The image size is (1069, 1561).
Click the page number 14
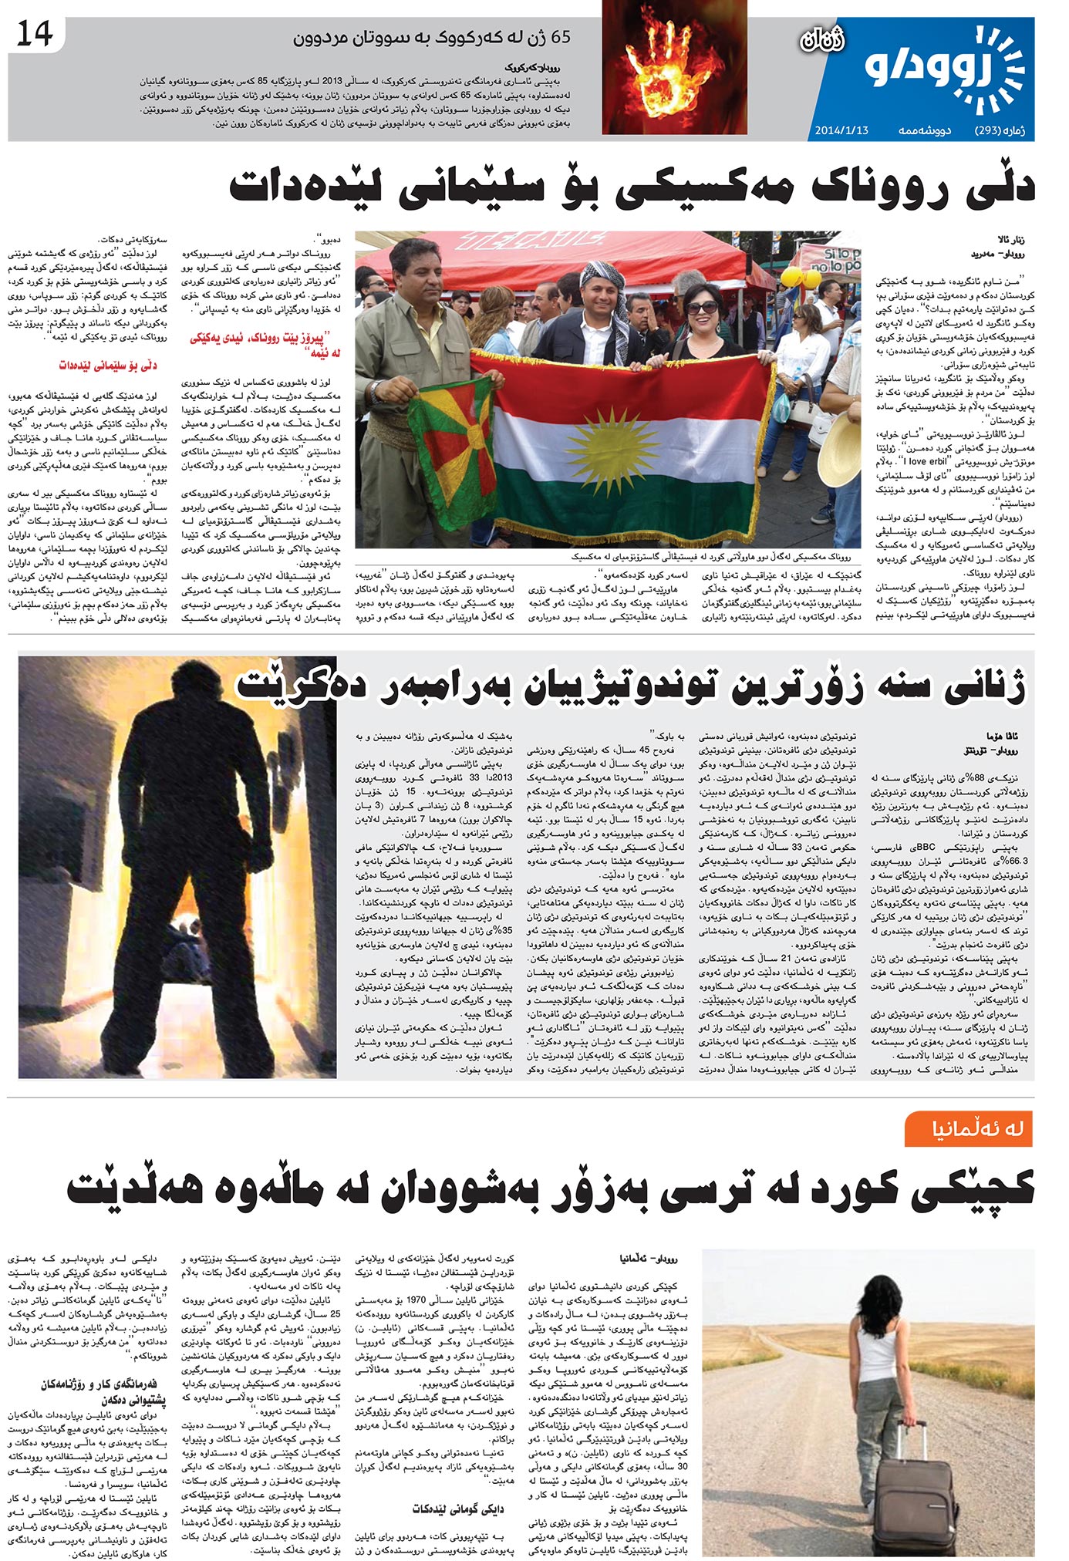tap(34, 35)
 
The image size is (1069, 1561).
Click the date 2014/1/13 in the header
tap(841, 130)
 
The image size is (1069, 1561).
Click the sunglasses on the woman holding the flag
tap(701, 308)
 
